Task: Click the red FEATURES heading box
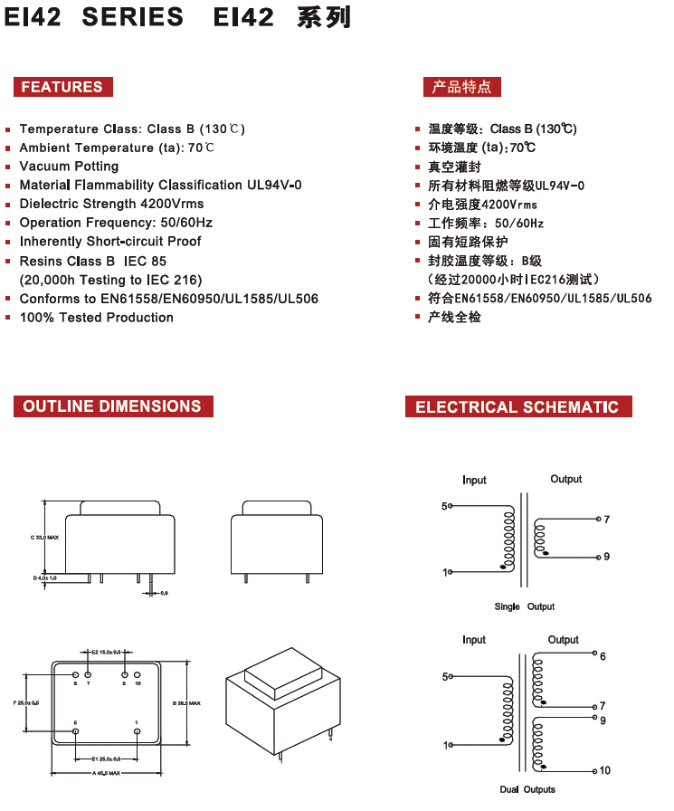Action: (62, 87)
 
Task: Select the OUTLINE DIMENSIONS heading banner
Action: (112, 406)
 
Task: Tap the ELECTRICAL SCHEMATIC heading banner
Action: (517, 407)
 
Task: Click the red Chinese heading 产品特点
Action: (461, 87)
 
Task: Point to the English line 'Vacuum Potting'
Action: (69, 167)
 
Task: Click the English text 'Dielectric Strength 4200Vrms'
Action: (111, 204)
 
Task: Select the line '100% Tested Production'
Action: (96, 318)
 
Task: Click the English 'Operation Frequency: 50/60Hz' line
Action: (116, 223)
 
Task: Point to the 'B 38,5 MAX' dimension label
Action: (186, 703)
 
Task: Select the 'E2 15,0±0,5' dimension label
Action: (106, 652)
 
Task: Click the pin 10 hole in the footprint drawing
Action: (137, 675)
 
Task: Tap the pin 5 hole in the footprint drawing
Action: (75, 731)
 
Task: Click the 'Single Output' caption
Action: (525, 606)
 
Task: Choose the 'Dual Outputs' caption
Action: (527, 789)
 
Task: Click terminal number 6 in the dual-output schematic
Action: (603, 656)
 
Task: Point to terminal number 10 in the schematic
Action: (604, 771)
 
